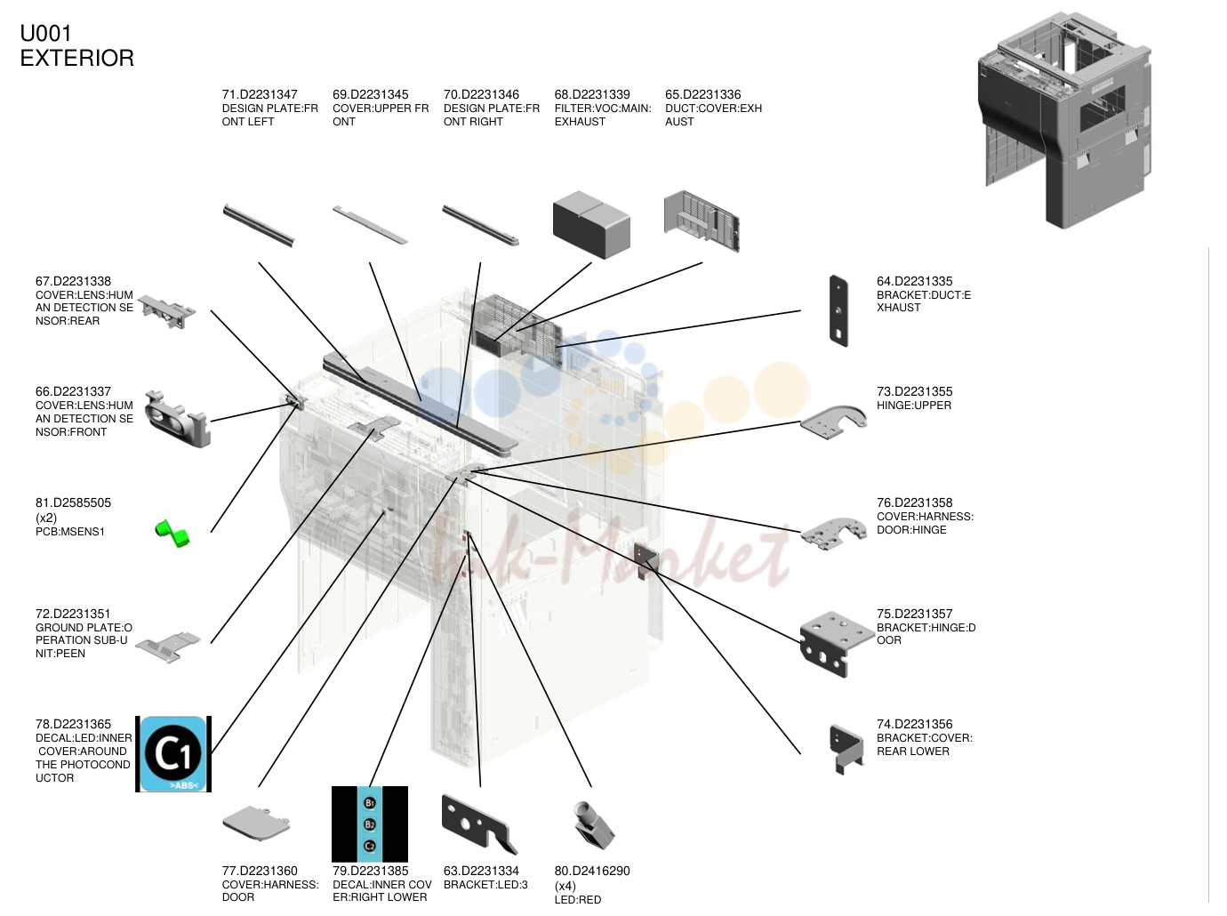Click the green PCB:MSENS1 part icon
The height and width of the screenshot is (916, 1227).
point(172,534)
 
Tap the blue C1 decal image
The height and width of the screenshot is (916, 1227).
point(173,754)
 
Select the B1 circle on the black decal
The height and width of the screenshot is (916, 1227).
point(370,803)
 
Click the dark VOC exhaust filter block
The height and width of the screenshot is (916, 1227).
point(591,225)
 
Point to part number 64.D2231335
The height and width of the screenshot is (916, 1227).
point(914,281)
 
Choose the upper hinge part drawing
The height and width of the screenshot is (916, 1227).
point(833,422)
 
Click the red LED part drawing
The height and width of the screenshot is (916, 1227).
point(594,825)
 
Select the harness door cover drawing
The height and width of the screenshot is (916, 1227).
point(256,824)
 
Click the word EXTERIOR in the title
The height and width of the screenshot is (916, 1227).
point(77,58)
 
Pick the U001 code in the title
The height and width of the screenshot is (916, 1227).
point(46,34)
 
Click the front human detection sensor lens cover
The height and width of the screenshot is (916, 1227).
point(177,419)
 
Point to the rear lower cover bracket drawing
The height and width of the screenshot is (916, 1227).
point(846,749)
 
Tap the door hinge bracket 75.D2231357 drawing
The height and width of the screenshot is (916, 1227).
point(837,644)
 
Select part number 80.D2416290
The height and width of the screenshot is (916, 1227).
point(592,871)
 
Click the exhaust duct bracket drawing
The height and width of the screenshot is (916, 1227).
point(838,310)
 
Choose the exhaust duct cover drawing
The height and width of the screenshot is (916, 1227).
point(702,221)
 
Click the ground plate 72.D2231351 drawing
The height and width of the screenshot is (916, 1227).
point(168,647)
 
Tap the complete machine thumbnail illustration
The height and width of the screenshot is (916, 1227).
point(1064,120)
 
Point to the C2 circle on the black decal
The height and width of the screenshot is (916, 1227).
point(370,846)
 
